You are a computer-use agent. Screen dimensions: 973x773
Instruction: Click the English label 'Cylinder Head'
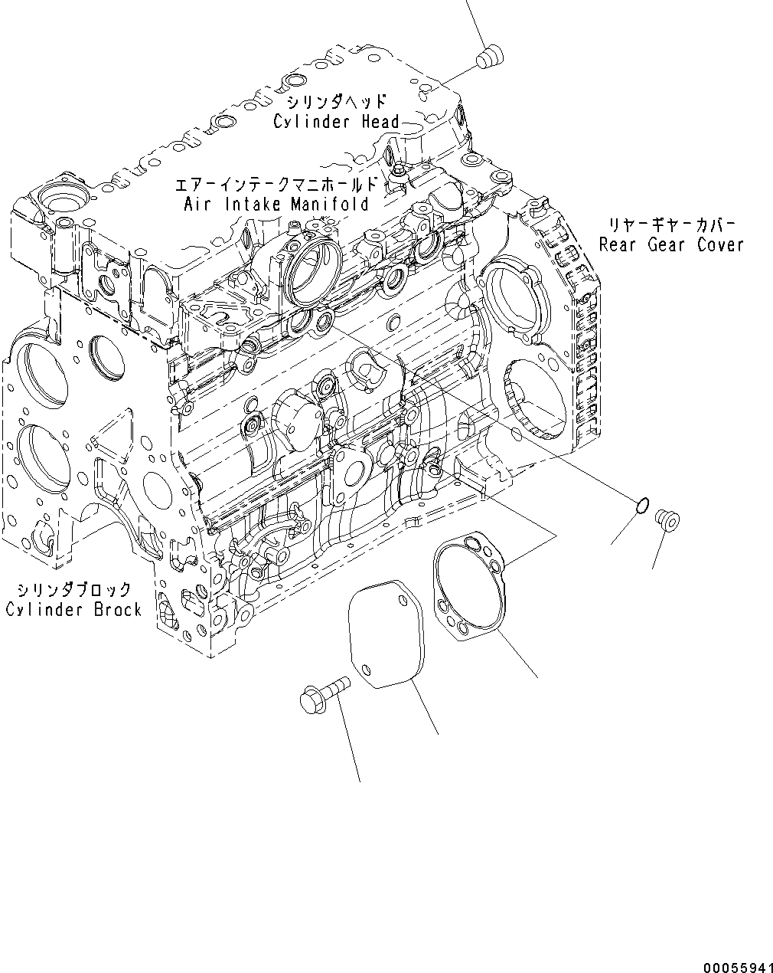pyautogui.click(x=336, y=122)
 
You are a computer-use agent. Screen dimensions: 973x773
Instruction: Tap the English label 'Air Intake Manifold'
pyautogui.click(x=276, y=205)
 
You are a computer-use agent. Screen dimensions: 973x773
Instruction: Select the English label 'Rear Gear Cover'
pyautogui.click(x=671, y=245)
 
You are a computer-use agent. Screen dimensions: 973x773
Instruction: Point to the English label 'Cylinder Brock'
pyautogui.click(x=73, y=610)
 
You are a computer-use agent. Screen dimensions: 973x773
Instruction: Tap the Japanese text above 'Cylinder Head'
pyautogui.click(x=336, y=102)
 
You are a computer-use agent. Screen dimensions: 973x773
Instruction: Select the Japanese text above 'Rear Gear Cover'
pyautogui.click(x=672, y=225)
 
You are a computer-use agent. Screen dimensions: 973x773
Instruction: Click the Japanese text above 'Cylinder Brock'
pyautogui.click(x=74, y=590)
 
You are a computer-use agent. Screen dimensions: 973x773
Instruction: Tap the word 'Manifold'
pyautogui.click(x=330, y=205)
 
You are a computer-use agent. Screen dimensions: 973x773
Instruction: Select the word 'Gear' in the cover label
pyautogui.click(x=670, y=245)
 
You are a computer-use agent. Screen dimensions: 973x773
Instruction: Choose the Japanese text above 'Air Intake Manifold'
pyautogui.click(x=276, y=185)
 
